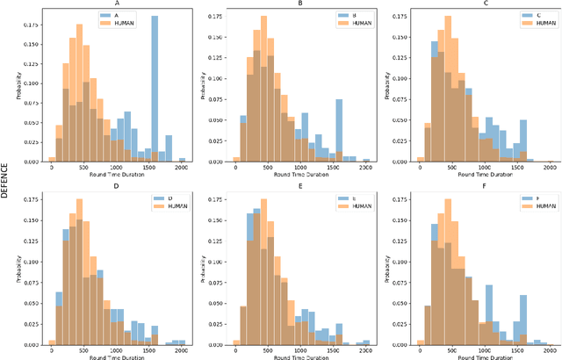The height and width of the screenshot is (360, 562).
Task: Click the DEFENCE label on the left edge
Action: click(5, 180)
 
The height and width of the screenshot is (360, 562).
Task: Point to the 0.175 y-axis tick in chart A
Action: click(33, 15)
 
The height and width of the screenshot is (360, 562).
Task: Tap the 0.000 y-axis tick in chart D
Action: click(33, 341)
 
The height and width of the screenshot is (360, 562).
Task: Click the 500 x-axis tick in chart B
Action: click(264, 167)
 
